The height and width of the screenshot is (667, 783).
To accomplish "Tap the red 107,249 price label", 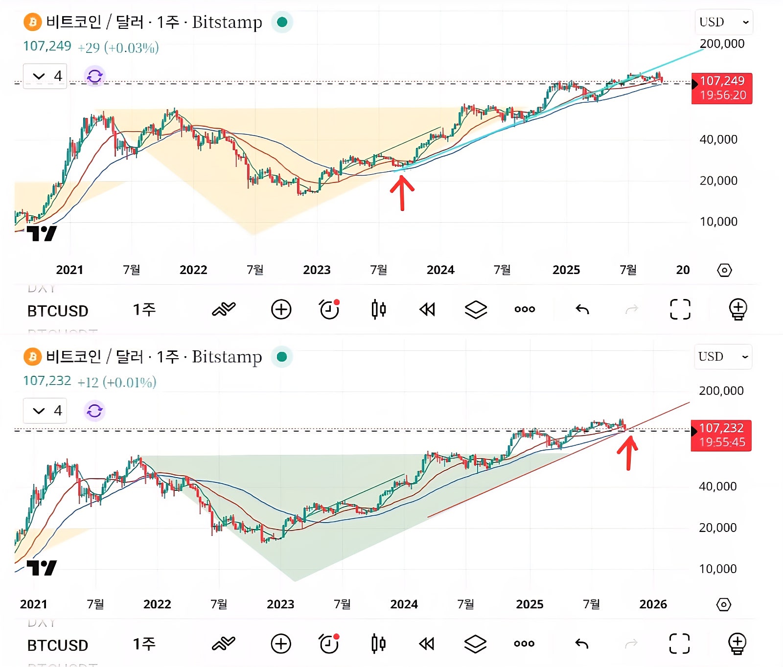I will [x=722, y=88].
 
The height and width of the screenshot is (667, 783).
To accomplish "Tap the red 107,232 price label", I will [x=721, y=435].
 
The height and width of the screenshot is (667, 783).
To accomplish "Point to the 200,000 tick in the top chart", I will [x=722, y=44].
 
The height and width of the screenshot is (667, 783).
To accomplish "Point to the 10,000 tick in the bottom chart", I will [x=717, y=569].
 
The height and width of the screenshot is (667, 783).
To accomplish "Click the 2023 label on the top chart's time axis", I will [x=317, y=270].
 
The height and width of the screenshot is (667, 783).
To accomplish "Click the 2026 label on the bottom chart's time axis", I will [x=653, y=604].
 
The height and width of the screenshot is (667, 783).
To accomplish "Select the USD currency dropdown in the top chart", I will [x=723, y=22].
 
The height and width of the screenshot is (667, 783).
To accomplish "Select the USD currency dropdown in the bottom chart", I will [x=723, y=356].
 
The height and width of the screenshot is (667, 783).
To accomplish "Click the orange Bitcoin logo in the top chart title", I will [x=32, y=22].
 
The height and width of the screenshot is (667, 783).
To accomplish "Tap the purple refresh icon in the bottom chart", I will [x=94, y=411].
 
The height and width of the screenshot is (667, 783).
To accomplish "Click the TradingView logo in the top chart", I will [x=42, y=233].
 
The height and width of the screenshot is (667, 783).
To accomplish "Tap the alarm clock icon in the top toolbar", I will [x=329, y=309].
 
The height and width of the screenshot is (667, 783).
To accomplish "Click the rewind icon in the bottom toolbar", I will [x=427, y=644].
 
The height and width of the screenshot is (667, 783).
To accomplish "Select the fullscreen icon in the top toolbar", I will [x=680, y=309].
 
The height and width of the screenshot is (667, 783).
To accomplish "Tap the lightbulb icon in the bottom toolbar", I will [x=737, y=644].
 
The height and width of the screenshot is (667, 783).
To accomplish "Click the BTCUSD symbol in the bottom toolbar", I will [x=58, y=645].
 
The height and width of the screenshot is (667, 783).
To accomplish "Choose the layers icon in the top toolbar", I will [x=476, y=309].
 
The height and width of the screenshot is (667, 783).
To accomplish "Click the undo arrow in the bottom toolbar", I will [x=582, y=644].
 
